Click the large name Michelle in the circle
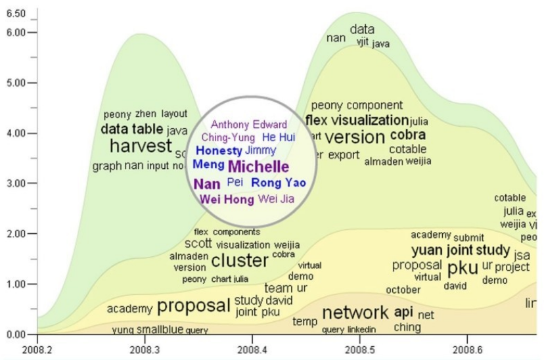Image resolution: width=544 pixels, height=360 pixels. (258, 166)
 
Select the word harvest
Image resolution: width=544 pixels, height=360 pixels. (140, 146)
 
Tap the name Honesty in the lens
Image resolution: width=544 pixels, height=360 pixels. (219, 150)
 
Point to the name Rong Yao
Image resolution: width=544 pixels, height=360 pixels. (279, 182)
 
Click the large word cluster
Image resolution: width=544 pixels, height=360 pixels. (240, 260)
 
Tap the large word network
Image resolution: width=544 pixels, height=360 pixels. (355, 312)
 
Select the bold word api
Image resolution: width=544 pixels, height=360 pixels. (403, 311)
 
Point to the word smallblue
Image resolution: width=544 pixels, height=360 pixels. (160, 329)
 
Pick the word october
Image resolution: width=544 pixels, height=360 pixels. (403, 290)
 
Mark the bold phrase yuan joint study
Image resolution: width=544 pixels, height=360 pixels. (461, 250)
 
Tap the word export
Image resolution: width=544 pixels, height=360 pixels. (344, 156)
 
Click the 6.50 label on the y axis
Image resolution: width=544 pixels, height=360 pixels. (16, 13)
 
